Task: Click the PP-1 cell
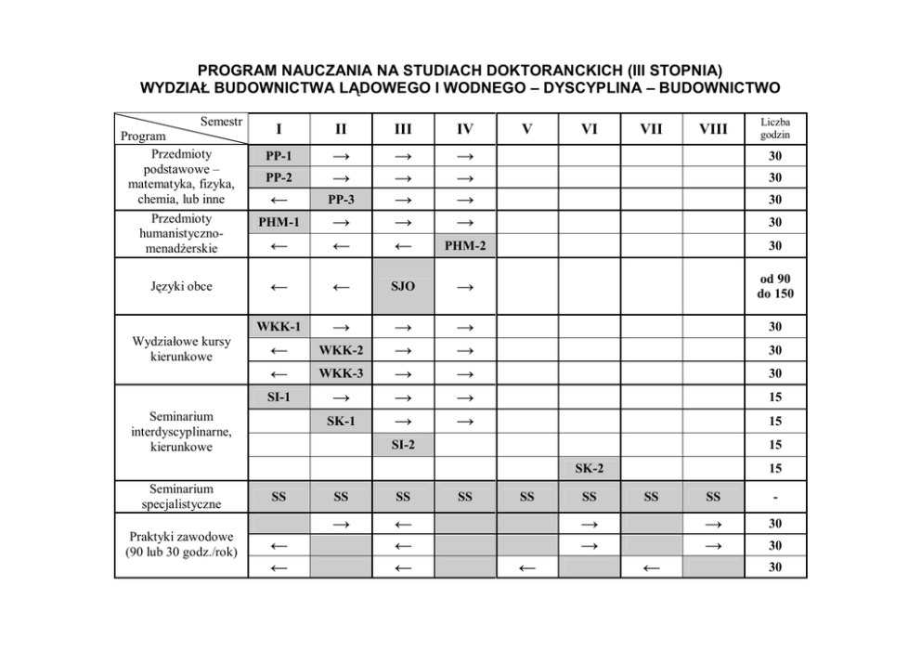pyautogui.click(x=279, y=155)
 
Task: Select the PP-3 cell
pyautogui.click(x=341, y=200)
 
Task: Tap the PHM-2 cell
pyautogui.click(x=465, y=246)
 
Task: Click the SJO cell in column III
pyautogui.click(x=403, y=286)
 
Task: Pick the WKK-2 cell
pyautogui.click(x=341, y=350)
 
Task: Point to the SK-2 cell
pyautogui.click(x=589, y=469)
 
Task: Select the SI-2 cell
pyautogui.click(x=403, y=446)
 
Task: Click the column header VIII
pyautogui.click(x=713, y=129)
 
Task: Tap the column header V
pyautogui.click(x=526, y=129)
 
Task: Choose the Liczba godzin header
pyautogui.click(x=775, y=129)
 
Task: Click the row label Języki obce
pyautogui.click(x=181, y=286)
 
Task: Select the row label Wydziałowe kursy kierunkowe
pyautogui.click(x=181, y=349)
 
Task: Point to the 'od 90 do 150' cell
pyautogui.click(x=775, y=286)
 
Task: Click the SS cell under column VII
pyautogui.click(x=651, y=497)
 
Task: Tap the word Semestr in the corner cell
pyautogui.click(x=220, y=122)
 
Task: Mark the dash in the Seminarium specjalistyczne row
pyautogui.click(x=775, y=497)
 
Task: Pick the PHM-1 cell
pyautogui.click(x=279, y=223)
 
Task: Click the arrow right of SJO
pyautogui.click(x=465, y=287)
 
